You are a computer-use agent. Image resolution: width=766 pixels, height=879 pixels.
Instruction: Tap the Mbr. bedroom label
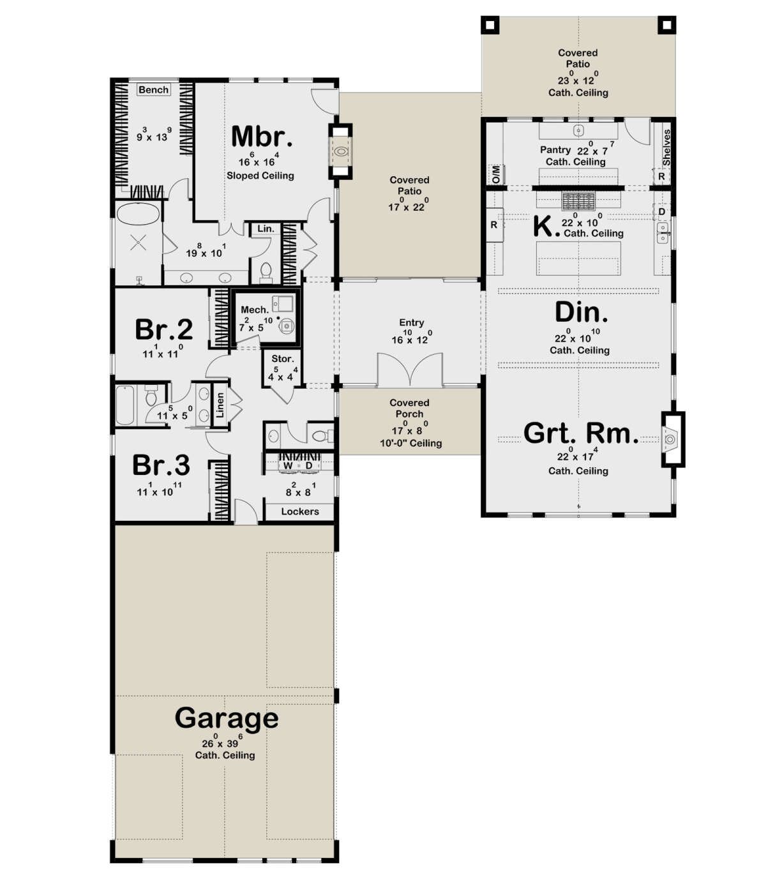[262, 137]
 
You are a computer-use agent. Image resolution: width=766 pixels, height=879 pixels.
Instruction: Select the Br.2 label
[163, 329]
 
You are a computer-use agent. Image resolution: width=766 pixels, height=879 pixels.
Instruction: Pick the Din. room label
[582, 312]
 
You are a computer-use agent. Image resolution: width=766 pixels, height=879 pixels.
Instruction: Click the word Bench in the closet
[153, 90]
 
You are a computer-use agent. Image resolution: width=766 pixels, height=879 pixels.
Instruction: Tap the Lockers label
[300, 511]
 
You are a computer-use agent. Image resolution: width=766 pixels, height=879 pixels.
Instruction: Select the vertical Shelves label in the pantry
[666, 147]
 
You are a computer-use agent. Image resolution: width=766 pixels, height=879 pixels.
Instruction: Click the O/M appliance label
[496, 174]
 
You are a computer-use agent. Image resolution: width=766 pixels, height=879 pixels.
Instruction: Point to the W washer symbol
[288, 465]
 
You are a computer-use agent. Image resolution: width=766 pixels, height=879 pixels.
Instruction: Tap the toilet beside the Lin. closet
[266, 273]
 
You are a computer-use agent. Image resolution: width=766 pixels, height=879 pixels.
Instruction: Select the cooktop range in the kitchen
[578, 200]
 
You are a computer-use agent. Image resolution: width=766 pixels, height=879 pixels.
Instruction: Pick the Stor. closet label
[283, 359]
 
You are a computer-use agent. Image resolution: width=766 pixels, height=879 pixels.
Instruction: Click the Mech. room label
[255, 310]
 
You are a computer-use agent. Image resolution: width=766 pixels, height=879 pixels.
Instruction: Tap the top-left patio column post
[490, 26]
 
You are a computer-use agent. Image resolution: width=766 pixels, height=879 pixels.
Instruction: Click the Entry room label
[412, 322]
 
